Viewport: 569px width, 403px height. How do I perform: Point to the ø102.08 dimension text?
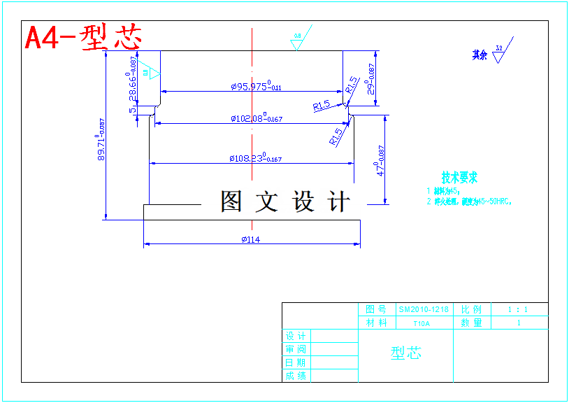(257, 119)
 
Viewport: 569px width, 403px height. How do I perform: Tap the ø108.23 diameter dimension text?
(255, 159)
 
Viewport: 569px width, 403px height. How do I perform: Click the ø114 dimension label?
(251, 240)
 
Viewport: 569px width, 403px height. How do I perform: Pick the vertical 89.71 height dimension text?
(101, 140)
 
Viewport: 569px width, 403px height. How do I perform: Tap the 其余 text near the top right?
(480, 55)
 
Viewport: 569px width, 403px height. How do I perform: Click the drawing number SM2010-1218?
(424, 309)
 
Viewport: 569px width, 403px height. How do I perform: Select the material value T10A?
(422, 323)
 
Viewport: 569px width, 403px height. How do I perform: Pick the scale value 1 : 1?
(518, 309)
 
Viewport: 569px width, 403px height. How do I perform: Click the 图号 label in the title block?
(376, 309)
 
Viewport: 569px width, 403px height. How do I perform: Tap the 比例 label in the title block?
(471, 309)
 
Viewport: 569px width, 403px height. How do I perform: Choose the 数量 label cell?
(471, 323)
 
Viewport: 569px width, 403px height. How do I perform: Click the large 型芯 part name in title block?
(405, 353)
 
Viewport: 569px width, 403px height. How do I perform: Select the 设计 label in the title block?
(295, 336)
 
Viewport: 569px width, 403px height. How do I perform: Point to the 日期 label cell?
(295, 362)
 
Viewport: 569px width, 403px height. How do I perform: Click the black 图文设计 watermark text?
(285, 201)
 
